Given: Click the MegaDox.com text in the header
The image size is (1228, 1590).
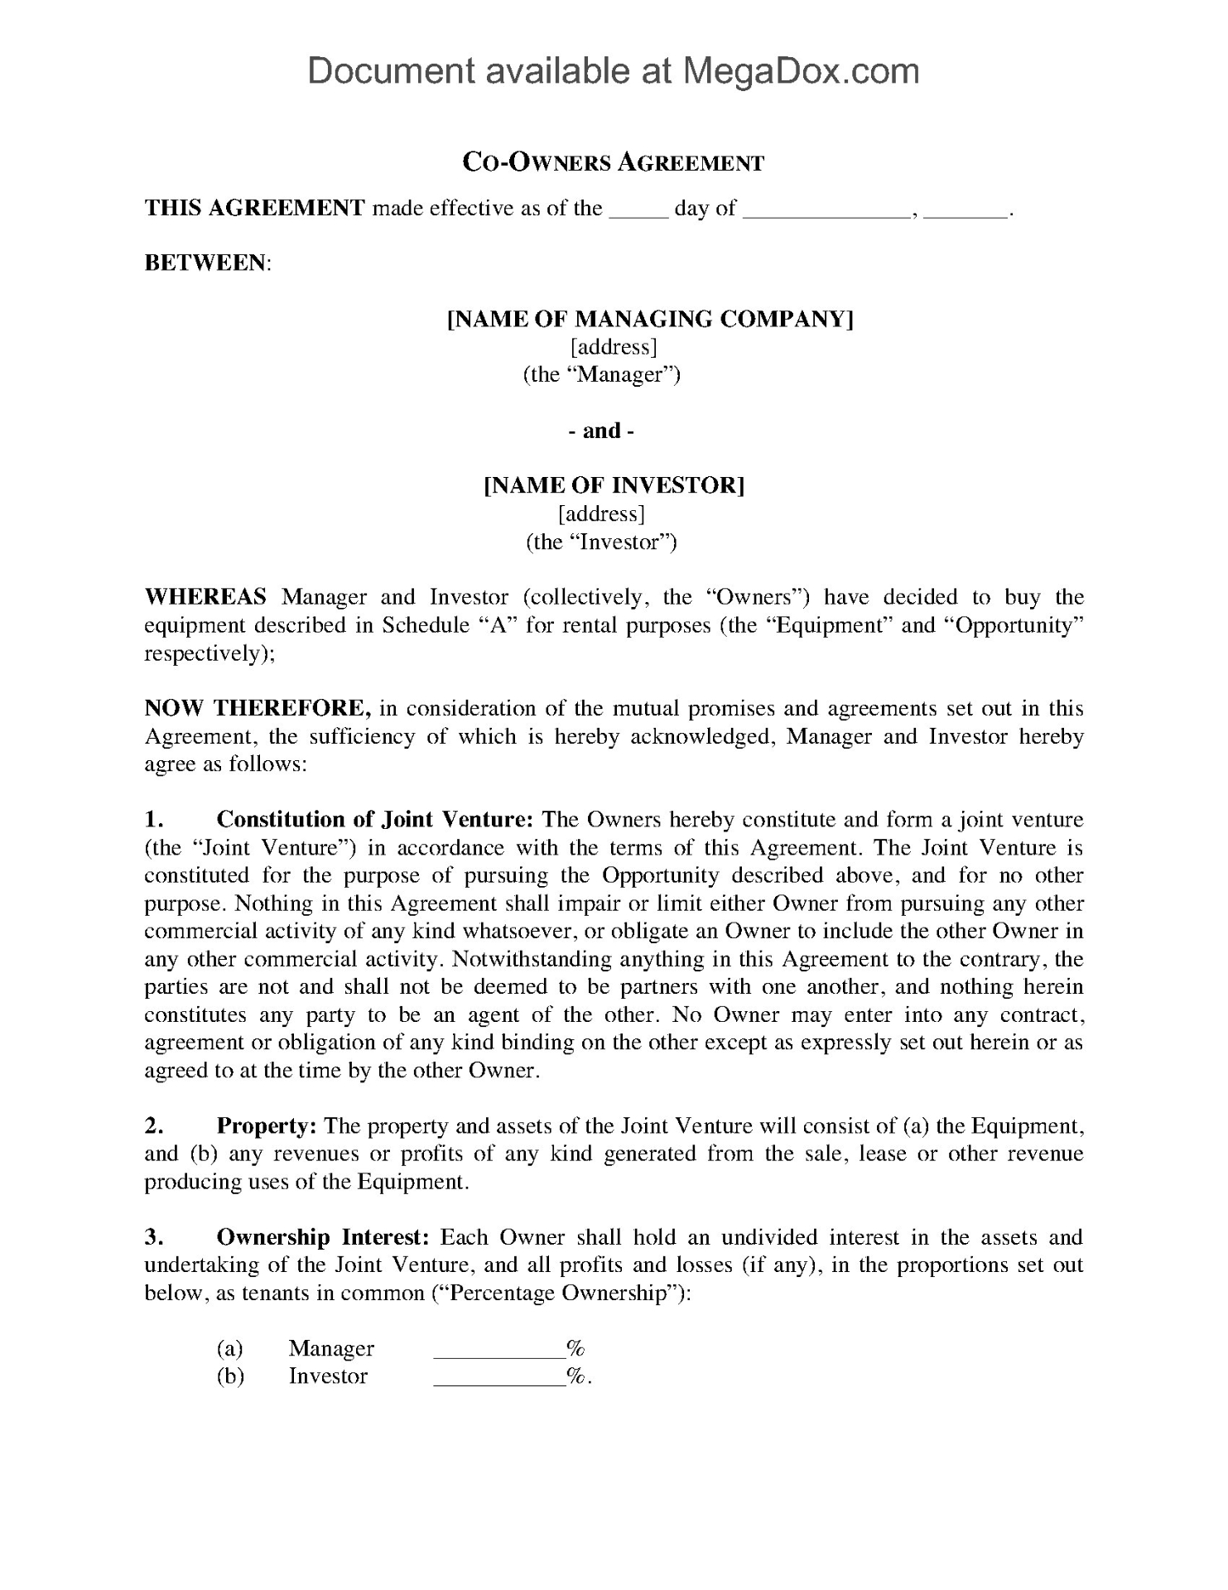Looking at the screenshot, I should pyautogui.click(x=800, y=72).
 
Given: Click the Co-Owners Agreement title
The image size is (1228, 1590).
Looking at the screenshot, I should pyautogui.click(x=613, y=162).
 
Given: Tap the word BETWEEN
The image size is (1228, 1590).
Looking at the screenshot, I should pyautogui.click(x=207, y=263).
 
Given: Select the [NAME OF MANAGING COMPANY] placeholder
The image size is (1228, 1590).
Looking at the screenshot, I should pyautogui.click(x=650, y=319).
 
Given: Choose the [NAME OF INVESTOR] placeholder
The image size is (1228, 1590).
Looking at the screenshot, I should pyautogui.click(x=614, y=485).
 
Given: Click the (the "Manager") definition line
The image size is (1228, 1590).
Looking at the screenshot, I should pyautogui.click(x=602, y=375).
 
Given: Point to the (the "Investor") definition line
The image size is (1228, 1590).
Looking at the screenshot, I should pyautogui.click(x=602, y=542).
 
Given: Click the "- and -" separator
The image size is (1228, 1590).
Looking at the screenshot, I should pyautogui.click(x=602, y=431).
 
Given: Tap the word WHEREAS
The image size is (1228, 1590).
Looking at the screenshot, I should pyautogui.click(x=206, y=597).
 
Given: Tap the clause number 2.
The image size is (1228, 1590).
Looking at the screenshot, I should pyautogui.click(x=153, y=1126).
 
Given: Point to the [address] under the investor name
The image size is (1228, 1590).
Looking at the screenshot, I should pyautogui.click(x=602, y=514).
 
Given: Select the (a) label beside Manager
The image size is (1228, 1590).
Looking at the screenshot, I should pyautogui.click(x=229, y=1349).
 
